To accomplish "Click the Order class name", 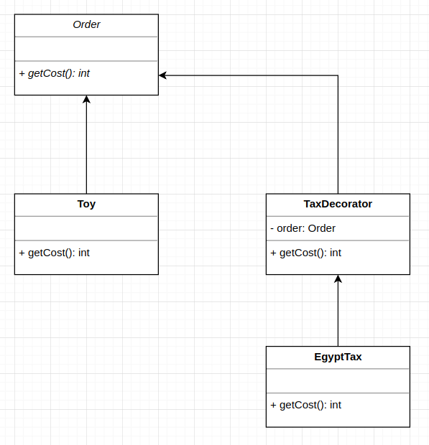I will click(x=86, y=24).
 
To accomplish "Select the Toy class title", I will click(x=86, y=204).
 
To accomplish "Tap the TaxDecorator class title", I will click(x=338, y=204).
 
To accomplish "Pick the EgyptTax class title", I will click(x=338, y=357).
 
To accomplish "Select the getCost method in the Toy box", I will click(x=55, y=253).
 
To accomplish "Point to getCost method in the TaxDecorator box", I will click(x=306, y=253).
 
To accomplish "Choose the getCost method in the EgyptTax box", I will click(x=306, y=405).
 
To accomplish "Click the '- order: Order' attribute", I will click(x=303, y=228).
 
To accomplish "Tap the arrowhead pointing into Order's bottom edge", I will click(x=86, y=100).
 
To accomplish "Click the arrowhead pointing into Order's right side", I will click(x=163, y=75).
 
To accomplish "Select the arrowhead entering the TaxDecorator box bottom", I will click(x=338, y=279).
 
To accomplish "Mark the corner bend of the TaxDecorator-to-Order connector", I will click(x=338, y=75).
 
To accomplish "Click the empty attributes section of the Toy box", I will click(x=86, y=228).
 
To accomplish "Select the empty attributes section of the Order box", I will click(x=86, y=49).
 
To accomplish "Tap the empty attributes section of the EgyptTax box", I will click(x=338, y=380).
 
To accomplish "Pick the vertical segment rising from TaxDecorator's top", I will click(x=338, y=136).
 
